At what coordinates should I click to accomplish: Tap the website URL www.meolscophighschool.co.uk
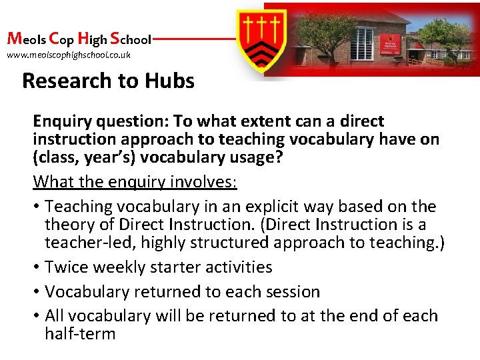pyautogui.click(x=69, y=55)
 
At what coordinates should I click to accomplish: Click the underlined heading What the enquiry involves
pyautogui.click(x=135, y=181)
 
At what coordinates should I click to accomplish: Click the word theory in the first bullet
pyautogui.click(x=69, y=225)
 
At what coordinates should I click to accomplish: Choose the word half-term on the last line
pyautogui.click(x=80, y=333)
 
